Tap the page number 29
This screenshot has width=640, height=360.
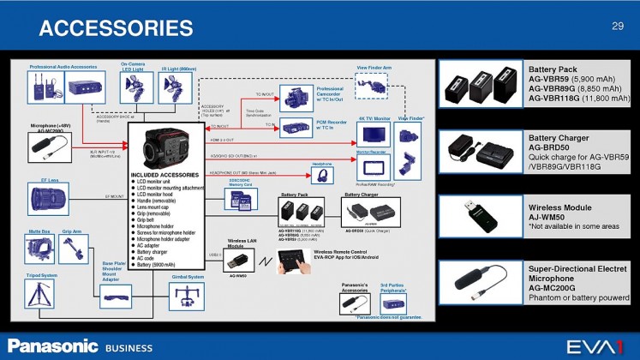point(617,27)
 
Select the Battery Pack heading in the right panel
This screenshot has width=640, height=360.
point(553,69)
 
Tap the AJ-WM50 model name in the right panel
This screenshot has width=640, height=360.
point(549,217)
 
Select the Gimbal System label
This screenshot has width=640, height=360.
point(188,277)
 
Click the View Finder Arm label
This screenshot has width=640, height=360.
point(374,66)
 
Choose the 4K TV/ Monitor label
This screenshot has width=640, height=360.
point(374,118)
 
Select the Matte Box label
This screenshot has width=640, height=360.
point(39,231)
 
